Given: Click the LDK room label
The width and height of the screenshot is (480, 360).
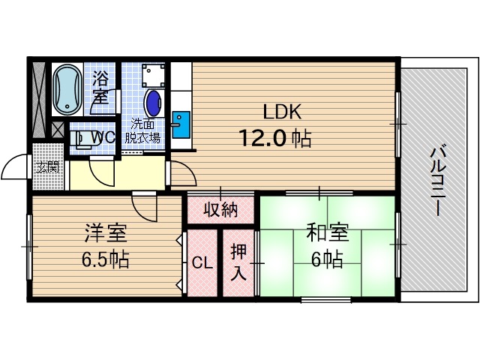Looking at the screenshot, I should point(281,112).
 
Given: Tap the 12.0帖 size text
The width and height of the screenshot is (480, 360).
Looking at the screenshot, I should point(275,138).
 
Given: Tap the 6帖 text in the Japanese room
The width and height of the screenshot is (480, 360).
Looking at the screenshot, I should point(328,259).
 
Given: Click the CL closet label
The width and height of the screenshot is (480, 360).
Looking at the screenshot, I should point(200,263).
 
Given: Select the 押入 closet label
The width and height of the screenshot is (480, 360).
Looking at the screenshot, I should point(238,262).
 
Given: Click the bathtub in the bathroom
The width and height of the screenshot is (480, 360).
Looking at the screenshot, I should point(68,88).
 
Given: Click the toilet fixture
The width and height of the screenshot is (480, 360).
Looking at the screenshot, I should point(79,139).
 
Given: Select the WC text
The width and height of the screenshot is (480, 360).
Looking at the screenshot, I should point(103,137).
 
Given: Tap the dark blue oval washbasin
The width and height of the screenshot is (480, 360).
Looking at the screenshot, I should point(152,102).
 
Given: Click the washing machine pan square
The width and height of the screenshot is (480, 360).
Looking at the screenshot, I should point(154,75).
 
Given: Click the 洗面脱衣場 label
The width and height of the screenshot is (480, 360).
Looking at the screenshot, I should point(142,130).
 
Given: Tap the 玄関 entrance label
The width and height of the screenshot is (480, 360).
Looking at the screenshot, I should point(47,166).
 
